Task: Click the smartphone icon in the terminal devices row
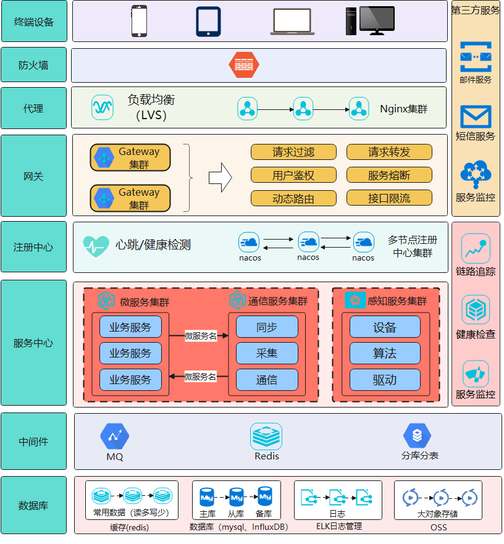tap(139, 21)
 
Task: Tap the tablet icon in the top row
tap(208, 22)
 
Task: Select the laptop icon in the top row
tap(292, 22)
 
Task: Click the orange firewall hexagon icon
tap(244, 64)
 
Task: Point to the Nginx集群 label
tap(403, 109)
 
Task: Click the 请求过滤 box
tap(293, 152)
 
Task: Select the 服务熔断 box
tap(389, 175)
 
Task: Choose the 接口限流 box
tap(389, 198)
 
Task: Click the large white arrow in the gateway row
tap(220, 178)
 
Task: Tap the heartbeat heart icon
tap(96, 246)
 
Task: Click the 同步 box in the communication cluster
tap(267, 327)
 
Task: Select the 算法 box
tap(385, 353)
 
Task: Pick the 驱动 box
tap(385, 380)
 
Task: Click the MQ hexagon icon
tap(114, 437)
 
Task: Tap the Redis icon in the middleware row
tap(266, 437)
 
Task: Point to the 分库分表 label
tap(419, 456)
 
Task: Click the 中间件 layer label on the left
tap(33, 441)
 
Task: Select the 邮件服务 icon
tap(476, 57)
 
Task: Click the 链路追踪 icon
tap(476, 248)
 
